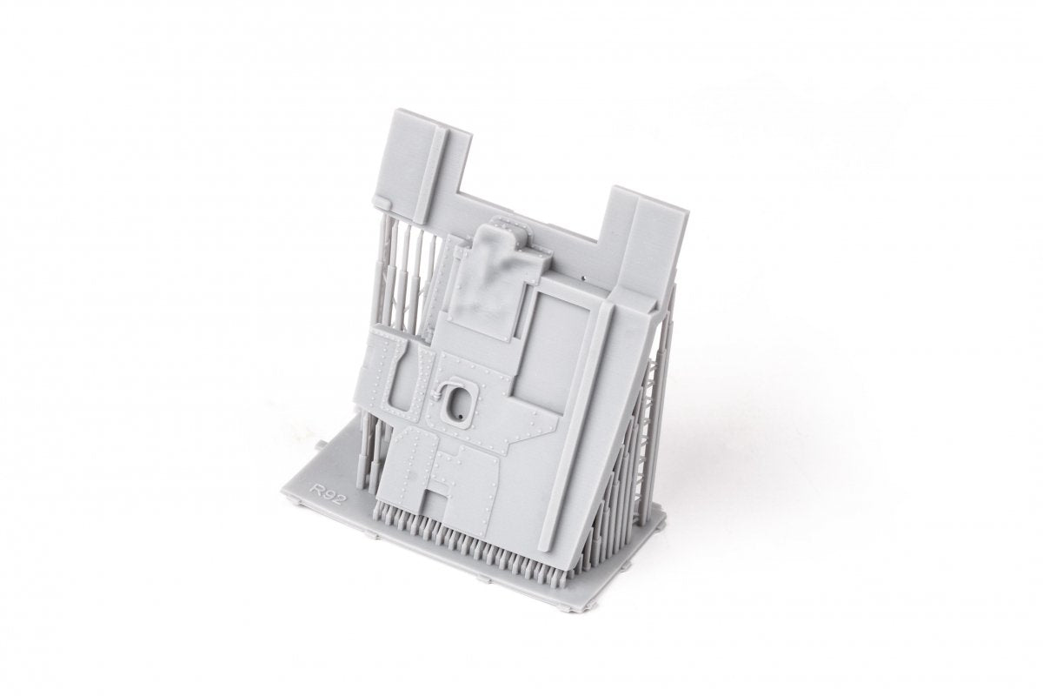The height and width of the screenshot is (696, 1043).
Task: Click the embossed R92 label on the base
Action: pos(329,492)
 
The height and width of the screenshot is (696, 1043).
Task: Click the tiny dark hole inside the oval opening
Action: pos(461,413)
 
